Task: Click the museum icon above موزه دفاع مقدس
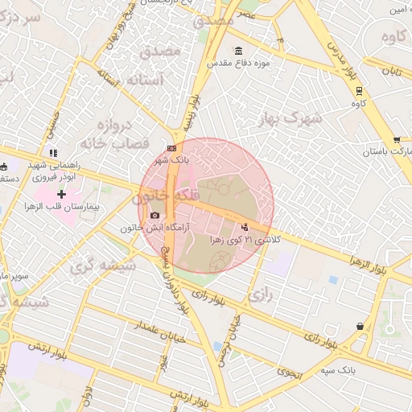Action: tap(238, 51)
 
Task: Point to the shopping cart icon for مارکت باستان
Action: tap(397, 139)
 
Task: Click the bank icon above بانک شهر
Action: tap(171, 149)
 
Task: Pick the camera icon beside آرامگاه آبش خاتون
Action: tap(154, 216)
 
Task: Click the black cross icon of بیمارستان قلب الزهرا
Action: tap(61, 194)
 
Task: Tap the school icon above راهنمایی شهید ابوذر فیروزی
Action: tap(52, 153)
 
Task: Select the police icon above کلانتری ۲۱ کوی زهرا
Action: tap(245, 228)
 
